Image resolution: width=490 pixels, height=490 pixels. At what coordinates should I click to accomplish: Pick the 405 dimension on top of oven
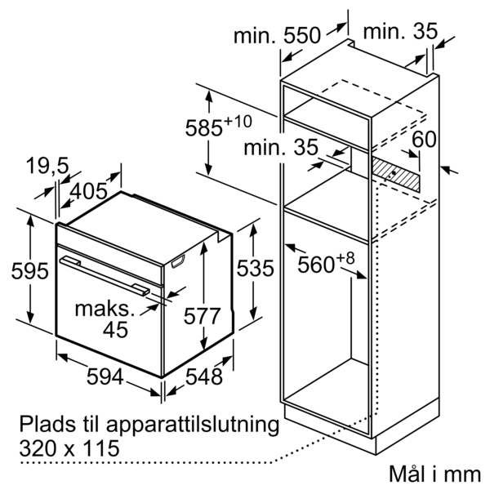[89, 193]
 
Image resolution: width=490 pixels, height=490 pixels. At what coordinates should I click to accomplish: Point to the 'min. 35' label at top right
[400, 33]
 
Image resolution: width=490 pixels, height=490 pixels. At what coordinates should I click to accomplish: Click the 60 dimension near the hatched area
[424, 140]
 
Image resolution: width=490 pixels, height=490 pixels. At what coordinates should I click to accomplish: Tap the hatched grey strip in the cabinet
[396, 173]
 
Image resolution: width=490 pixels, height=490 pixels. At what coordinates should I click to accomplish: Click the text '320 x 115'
[67, 448]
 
